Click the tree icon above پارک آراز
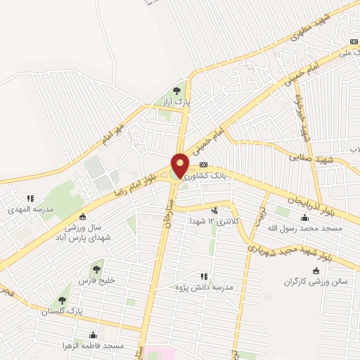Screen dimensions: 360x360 (x=176, y=91)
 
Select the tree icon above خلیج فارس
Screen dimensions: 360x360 (x=95, y=267)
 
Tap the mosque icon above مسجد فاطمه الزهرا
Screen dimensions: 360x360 (x=93, y=335)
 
